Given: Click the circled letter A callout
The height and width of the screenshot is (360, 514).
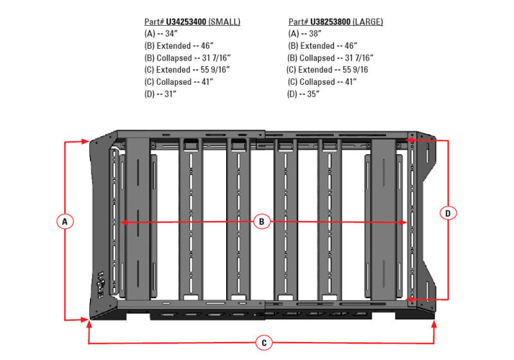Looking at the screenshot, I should tap(64, 221).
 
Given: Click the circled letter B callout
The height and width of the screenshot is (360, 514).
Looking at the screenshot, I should tap(261, 222).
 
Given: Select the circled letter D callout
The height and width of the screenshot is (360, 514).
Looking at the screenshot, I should tap(448, 213).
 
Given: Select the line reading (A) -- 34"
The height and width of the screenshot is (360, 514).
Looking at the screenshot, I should tap(161, 33).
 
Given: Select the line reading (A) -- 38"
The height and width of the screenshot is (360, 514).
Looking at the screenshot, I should tap(305, 33).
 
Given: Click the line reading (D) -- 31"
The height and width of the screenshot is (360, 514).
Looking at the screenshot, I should tap(161, 94).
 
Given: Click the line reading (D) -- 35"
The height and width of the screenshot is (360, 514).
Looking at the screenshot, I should tap(305, 94).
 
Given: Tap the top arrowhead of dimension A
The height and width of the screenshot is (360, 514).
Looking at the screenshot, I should tap(87, 141).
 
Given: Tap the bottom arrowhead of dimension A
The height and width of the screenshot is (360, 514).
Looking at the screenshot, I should tap(87, 319).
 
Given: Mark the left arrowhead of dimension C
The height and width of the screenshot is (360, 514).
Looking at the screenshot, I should tap(89, 325).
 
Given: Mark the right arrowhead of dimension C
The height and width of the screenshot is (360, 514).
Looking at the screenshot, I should tap(435, 325).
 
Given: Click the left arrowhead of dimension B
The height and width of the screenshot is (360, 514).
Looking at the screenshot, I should tap(124, 222).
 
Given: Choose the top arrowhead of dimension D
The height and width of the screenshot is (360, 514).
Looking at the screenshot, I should tap(409, 138).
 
